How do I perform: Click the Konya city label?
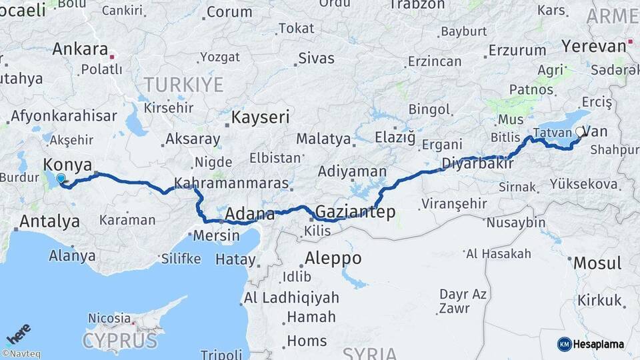(67, 165)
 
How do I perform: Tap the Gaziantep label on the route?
(355, 212)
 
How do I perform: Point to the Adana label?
(250, 214)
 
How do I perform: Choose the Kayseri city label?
(261, 118)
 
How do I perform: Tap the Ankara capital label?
(80, 49)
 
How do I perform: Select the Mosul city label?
(597, 263)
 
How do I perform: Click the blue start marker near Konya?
(61, 179)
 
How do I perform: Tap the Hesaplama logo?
(591, 344)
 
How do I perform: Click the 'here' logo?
(19, 332)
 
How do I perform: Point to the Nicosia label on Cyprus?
(109, 318)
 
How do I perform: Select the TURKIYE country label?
(184, 84)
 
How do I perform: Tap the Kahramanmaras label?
(231, 183)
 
